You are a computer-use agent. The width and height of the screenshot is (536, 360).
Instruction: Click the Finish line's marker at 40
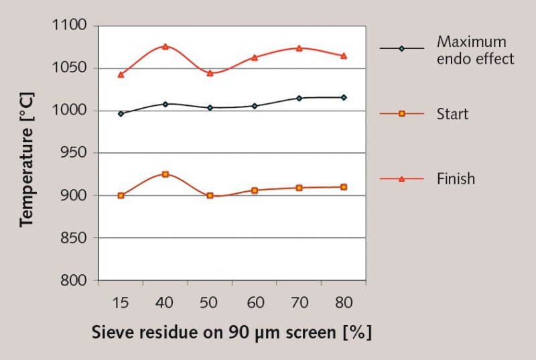165,46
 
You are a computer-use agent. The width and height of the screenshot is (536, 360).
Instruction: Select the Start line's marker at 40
165,174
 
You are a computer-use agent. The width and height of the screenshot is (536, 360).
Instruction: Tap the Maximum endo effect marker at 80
344,98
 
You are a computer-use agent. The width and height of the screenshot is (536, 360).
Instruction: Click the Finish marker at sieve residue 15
121,74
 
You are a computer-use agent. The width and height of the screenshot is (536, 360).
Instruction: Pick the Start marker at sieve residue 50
210,196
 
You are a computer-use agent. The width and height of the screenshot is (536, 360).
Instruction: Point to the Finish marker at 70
299,48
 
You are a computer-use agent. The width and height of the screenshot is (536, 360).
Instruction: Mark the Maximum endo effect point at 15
121,114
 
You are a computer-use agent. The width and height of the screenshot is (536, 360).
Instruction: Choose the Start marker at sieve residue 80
344,187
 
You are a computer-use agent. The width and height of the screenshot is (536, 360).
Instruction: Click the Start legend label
452,114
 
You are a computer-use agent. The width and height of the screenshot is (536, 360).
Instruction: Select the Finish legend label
456,179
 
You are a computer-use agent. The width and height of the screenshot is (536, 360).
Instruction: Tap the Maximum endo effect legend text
475,50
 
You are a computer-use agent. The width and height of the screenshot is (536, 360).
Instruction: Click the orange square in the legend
402,114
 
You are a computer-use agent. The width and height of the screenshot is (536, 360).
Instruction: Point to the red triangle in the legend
402,179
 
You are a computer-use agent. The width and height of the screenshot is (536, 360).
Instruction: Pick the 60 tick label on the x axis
255,303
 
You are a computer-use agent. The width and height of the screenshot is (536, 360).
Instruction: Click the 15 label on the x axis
121,303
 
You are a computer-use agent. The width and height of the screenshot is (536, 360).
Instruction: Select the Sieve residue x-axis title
231,333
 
